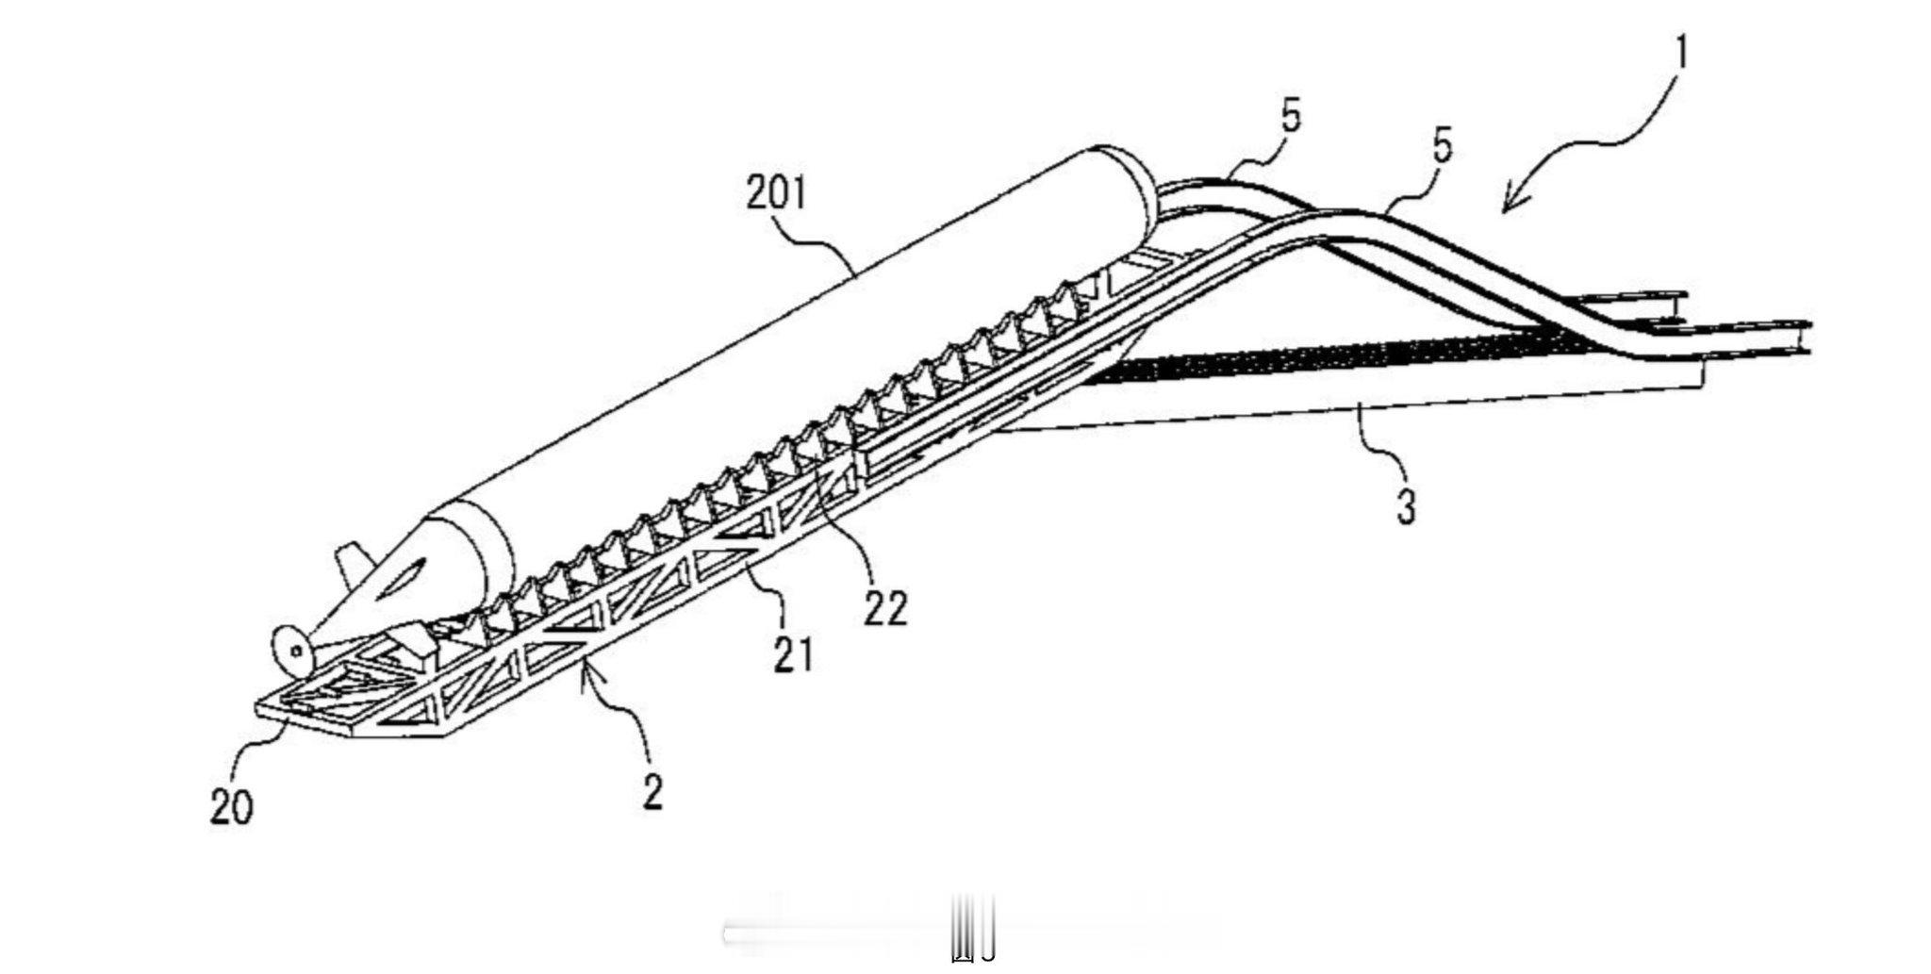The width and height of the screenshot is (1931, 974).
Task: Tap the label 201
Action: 777,193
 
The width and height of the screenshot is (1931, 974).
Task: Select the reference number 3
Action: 1405,506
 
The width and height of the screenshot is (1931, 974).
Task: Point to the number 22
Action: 885,608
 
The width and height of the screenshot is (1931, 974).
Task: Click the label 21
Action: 793,653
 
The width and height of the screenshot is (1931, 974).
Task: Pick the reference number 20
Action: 232,807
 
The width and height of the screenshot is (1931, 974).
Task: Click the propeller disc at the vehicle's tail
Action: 290,650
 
